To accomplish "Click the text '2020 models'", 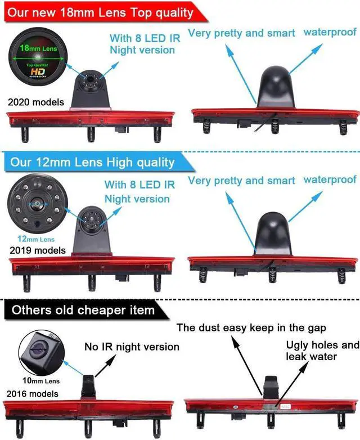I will pos(36,103).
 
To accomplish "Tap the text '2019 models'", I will pos(37,250).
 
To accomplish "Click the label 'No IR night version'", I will pos(132,347).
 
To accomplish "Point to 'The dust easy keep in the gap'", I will pos(251,327).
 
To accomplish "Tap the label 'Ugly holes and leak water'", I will pos(322,351).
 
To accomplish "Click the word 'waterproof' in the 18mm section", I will pos(330,32).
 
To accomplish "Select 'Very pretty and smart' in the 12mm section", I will pos(241,181).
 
